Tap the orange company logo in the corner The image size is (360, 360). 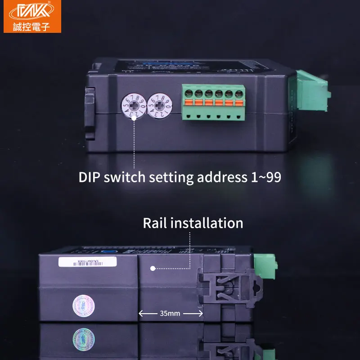click(32, 16)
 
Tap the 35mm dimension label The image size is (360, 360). click(170, 313)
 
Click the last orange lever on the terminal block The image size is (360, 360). click(238, 103)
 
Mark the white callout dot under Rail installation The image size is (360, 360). click(153, 268)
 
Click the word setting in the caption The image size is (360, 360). click(171, 177)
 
